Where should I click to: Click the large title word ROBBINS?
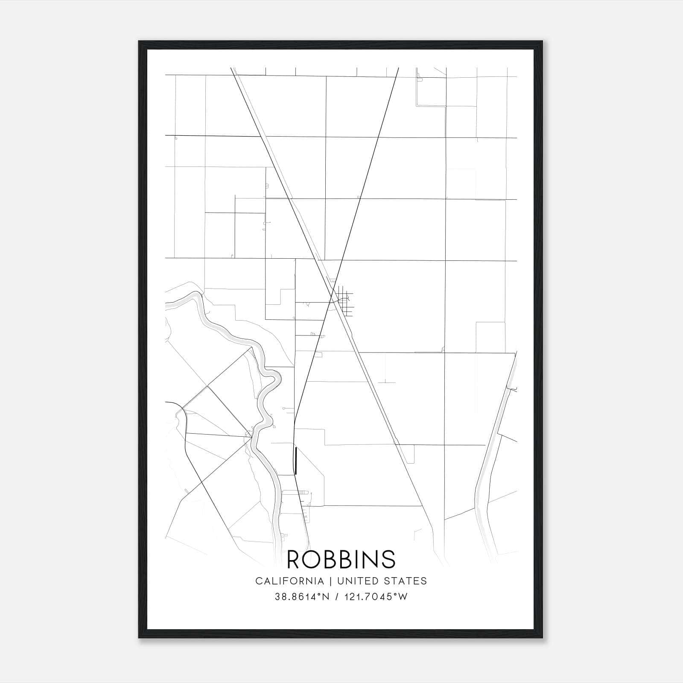click(x=341, y=559)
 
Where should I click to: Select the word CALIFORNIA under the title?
click(x=289, y=581)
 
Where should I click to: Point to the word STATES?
click(x=406, y=581)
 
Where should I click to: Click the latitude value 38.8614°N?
click(x=302, y=597)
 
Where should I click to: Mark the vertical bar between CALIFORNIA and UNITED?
click(x=330, y=581)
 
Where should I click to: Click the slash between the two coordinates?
click(x=338, y=597)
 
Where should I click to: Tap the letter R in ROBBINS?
click(x=294, y=559)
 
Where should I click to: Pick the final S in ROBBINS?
click(x=389, y=559)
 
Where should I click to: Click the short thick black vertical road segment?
click(x=296, y=461)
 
